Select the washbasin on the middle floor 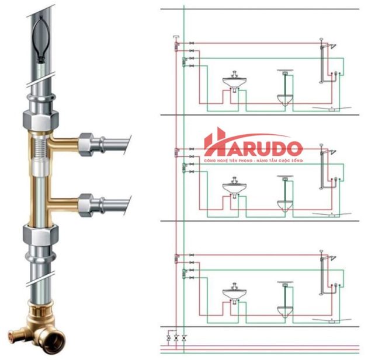click(x=234, y=188)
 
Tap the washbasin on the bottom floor click(x=234, y=293)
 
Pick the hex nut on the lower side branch click(x=87, y=203)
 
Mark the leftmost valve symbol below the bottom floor click(x=169, y=338)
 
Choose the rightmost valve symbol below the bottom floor click(x=185, y=338)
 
